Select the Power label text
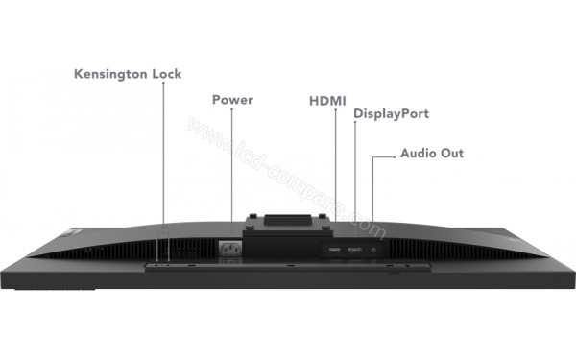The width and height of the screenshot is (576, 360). pyautogui.click(x=232, y=99)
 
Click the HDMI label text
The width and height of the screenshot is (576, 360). pyautogui.click(x=328, y=99)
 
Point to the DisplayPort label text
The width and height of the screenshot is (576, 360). pyautogui.click(x=391, y=114)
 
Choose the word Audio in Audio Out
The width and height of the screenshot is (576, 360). pyautogui.click(x=419, y=153)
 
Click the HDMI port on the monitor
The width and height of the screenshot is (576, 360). pyautogui.click(x=334, y=251)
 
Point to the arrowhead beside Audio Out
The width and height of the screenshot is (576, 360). pyautogui.click(x=392, y=153)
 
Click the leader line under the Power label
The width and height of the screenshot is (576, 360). pyautogui.click(x=231, y=163)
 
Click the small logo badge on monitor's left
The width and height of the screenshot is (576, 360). pyautogui.click(x=67, y=234)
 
